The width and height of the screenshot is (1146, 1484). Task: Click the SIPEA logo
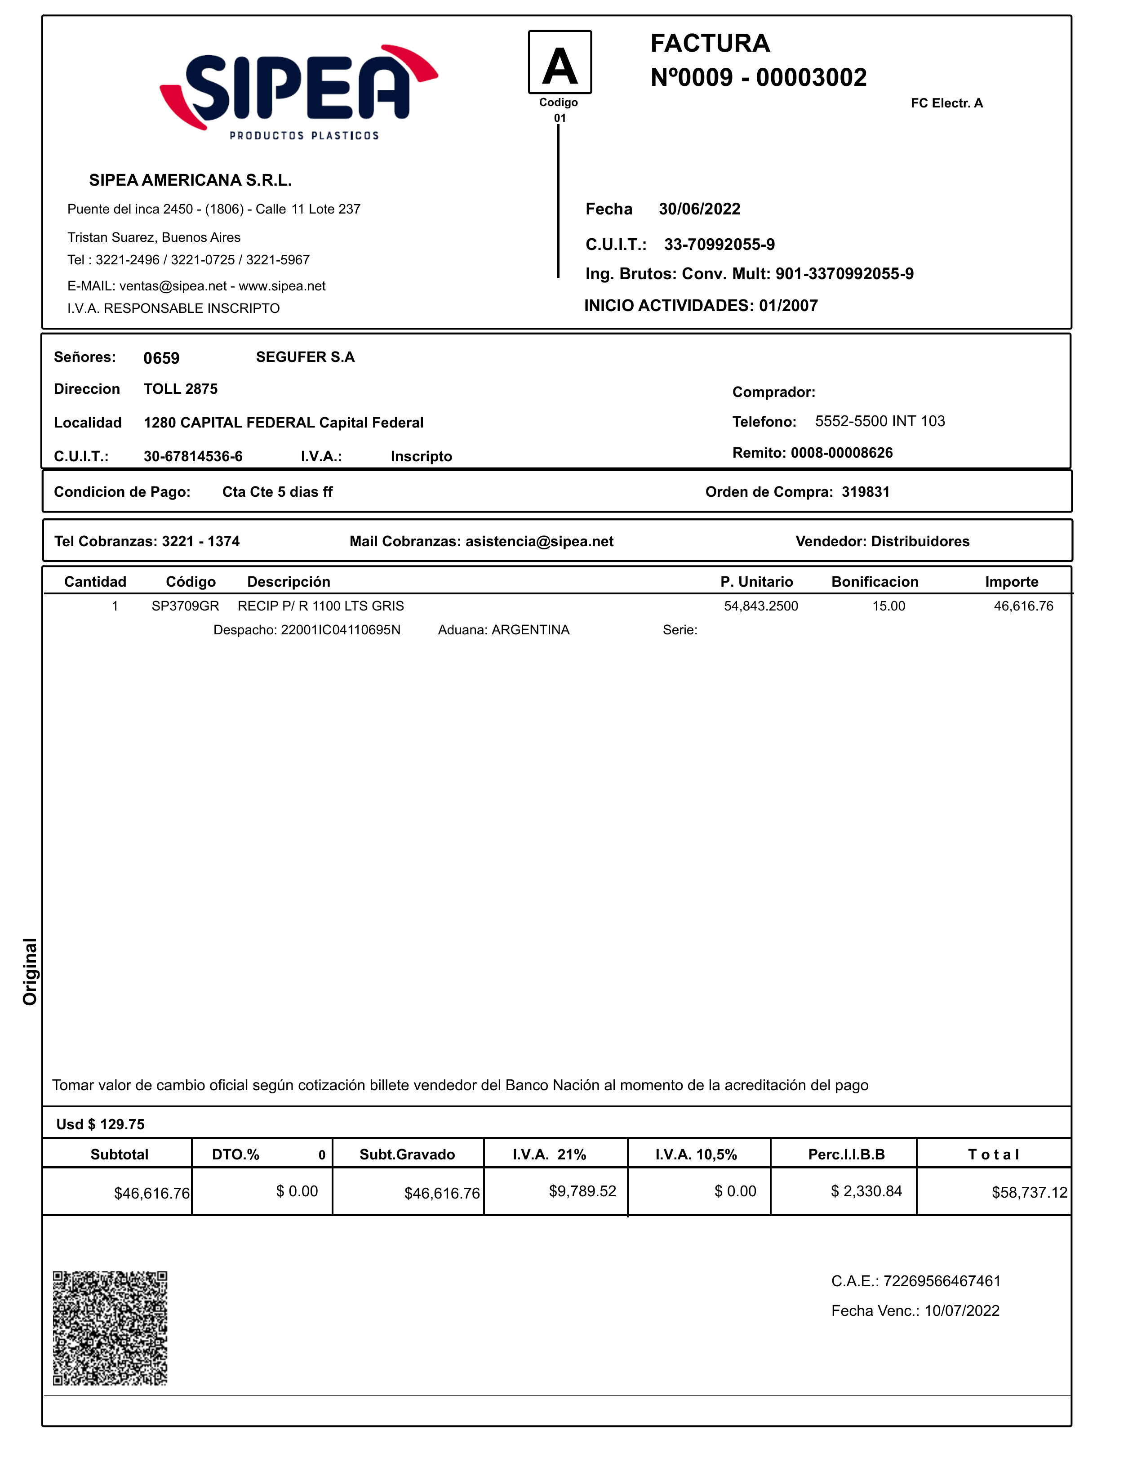click(299, 92)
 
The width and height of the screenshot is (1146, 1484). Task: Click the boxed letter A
click(560, 62)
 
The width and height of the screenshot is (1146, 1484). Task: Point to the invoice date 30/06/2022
click(699, 209)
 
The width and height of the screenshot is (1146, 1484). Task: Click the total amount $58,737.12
click(1029, 1193)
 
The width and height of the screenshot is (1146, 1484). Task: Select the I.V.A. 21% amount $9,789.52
click(582, 1191)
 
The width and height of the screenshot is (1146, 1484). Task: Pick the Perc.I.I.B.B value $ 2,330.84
click(866, 1191)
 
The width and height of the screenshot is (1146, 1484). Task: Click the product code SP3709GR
click(185, 606)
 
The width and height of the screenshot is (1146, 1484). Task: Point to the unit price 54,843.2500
click(761, 606)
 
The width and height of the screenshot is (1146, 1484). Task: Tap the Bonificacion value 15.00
click(888, 606)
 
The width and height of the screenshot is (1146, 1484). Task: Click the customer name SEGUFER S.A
click(305, 357)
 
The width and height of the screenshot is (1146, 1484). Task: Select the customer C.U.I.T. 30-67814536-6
click(193, 457)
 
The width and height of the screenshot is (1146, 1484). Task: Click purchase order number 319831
click(866, 492)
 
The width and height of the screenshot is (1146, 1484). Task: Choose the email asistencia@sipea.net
click(539, 542)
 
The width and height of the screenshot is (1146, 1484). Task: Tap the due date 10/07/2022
click(962, 1311)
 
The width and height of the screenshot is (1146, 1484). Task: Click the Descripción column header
click(289, 582)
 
